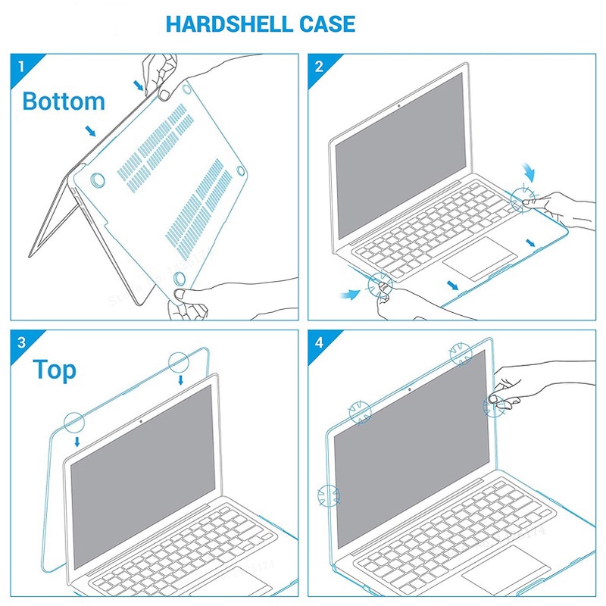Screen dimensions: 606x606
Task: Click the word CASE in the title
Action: point(321,23)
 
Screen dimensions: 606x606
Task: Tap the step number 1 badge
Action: point(20,65)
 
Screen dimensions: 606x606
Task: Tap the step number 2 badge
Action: point(319,65)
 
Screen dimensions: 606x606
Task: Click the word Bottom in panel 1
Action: point(64,101)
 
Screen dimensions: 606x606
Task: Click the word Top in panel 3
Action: point(55,370)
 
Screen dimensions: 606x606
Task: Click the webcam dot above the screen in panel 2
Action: point(398,105)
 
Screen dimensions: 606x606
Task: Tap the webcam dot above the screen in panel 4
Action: point(409,391)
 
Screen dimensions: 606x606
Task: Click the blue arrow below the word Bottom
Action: point(91,132)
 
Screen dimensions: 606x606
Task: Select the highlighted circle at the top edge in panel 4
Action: point(461,354)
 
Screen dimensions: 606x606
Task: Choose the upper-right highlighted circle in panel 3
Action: point(179,362)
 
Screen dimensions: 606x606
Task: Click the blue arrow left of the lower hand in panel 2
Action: point(351,292)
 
